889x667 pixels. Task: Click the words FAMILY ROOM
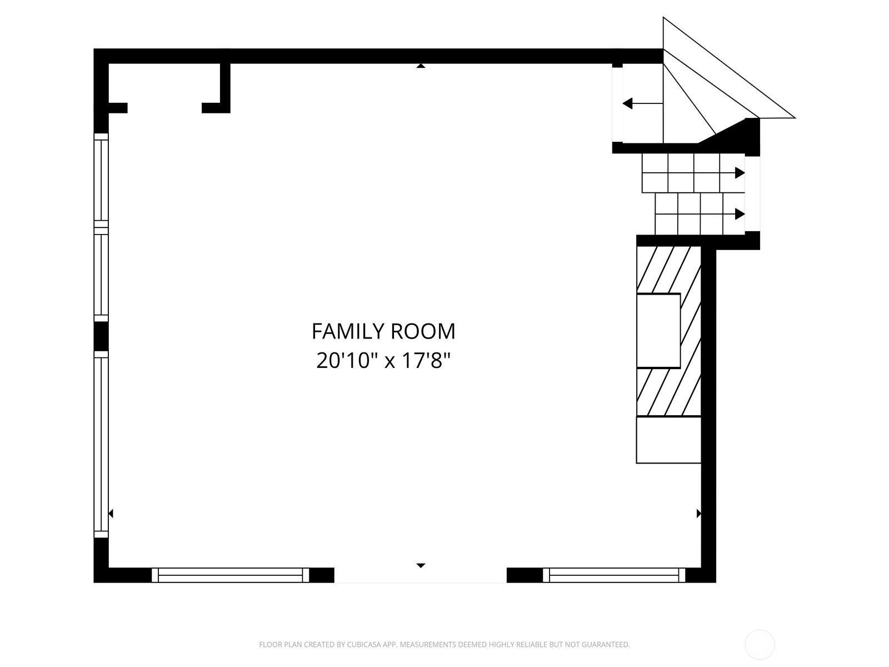[x=383, y=331]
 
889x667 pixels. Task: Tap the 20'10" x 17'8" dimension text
[x=383, y=360]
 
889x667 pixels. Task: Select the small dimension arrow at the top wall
[x=421, y=66]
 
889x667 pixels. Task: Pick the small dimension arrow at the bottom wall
[x=421, y=565]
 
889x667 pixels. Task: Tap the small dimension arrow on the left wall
[x=111, y=514]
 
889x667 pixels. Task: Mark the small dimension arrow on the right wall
[x=698, y=514]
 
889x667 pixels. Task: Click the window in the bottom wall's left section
[x=231, y=575]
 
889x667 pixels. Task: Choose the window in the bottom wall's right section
[x=614, y=575]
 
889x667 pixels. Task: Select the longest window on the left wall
[x=101, y=444]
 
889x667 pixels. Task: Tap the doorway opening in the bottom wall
[x=421, y=575]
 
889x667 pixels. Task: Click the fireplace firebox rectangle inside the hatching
[x=658, y=331]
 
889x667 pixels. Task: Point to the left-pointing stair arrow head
[x=627, y=104]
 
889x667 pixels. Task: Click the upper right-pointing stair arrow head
[x=740, y=173]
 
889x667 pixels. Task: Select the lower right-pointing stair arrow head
[x=740, y=214]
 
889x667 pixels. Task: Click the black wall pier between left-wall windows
[x=101, y=336]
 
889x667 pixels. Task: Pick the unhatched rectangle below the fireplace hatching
[x=668, y=440]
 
